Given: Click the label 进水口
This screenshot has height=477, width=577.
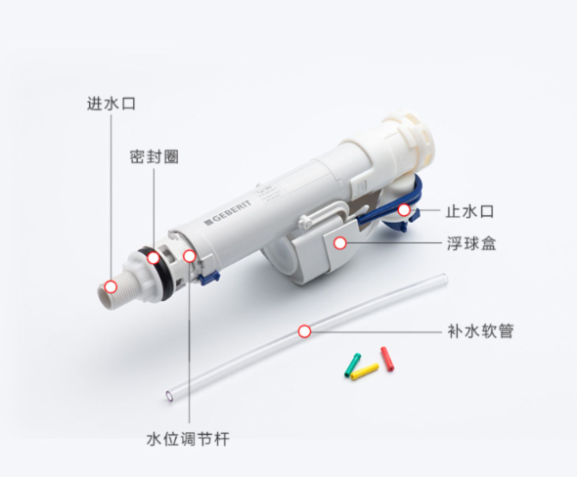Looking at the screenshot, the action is pyautogui.click(x=111, y=104).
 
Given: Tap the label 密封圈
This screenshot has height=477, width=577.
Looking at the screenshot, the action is pyautogui.click(x=154, y=156).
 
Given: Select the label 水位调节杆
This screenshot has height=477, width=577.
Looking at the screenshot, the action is pyautogui.click(x=188, y=439).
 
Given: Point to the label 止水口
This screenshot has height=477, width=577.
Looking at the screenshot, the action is pyautogui.click(x=469, y=211).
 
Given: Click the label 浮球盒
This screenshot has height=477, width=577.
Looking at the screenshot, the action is pyautogui.click(x=471, y=243).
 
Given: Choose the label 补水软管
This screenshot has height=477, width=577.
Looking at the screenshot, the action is pyautogui.click(x=480, y=331).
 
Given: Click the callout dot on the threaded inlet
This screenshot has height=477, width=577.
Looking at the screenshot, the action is pyautogui.click(x=111, y=286).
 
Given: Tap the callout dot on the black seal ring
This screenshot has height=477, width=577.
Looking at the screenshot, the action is pyautogui.click(x=154, y=258).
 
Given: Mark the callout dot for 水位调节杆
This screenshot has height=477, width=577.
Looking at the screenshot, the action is pyautogui.click(x=190, y=256).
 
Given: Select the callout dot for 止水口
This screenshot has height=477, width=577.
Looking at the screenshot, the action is pyautogui.click(x=404, y=210).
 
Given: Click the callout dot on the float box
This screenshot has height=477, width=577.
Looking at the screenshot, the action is pyautogui.click(x=340, y=243).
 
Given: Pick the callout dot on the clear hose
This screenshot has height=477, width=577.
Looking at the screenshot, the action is pyautogui.click(x=304, y=331).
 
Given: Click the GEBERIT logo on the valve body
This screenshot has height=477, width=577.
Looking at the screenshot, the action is pyautogui.click(x=228, y=211).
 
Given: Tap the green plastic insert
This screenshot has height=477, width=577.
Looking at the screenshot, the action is pyautogui.click(x=352, y=365).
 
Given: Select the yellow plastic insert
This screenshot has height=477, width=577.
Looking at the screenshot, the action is pyautogui.click(x=365, y=371).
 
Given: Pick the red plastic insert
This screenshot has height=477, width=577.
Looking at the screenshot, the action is pyautogui.click(x=387, y=359).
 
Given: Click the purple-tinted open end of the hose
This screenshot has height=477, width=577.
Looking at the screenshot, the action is pyautogui.click(x=169, y=396).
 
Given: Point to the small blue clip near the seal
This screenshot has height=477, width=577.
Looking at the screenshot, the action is pyautogui.click(x=209, y=278).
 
